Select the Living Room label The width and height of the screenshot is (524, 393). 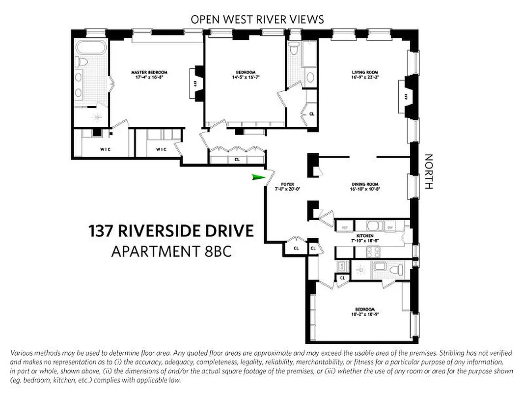(365, 73)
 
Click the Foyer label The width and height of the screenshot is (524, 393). (287, 185)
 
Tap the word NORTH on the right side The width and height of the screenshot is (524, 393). (429, 172)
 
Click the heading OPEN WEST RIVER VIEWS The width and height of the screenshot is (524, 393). (257, 20)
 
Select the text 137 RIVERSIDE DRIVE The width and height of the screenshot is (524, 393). (171, 231)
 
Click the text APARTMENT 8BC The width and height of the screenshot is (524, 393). (171, 252)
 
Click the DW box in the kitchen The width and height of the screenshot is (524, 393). (390, 227)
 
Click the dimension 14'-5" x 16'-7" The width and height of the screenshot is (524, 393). (245, 77)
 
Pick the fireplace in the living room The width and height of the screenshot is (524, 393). (406, 96)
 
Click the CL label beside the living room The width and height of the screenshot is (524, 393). (311, 114)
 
